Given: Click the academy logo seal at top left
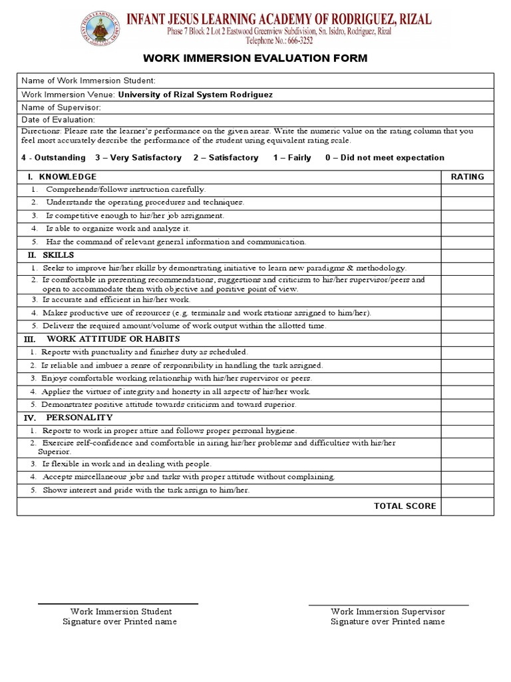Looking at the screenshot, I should tap(102, 29).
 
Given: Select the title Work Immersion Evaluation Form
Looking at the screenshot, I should tap(255, 59).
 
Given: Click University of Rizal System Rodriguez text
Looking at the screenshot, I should tap(195, 95).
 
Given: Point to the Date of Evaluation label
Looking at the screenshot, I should tap(59, 120).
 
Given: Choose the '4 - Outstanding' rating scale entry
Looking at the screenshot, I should tap(53, 158).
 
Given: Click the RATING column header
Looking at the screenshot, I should tap(467, 177).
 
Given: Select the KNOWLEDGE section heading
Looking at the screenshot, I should tap(67, 177).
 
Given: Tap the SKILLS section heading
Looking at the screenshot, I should tap(58, 255).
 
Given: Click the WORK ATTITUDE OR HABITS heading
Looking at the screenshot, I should tap(113, 339).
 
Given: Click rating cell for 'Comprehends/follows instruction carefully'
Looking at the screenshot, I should tap(467, 190).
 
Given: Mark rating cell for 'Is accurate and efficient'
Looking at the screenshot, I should tap(467, 300).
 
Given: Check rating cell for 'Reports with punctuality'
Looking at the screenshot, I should tap(467, 352).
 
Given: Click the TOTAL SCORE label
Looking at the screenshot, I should tap(405, 506).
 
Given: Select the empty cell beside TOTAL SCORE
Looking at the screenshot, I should tap(467, 506).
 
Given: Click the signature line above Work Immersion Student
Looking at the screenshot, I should tap(118, 604).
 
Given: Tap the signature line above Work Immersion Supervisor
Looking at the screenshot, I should tap(389, 605).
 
